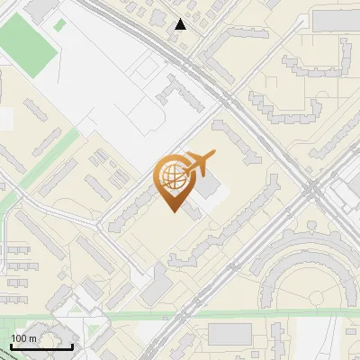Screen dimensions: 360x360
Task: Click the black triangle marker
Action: pyautogui.click(x=181, y=24)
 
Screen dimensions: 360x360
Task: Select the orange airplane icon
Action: pyautogui.click(x=198, y=164)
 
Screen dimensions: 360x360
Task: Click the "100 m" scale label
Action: pyautogui.click(x=23, y=337)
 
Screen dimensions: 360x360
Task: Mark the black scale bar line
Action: pyautogui.click(x=40, y=346)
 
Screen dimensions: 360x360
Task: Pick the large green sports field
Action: pyautogui.click(x=29, y=45)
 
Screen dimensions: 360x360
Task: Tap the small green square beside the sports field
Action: pyautogui.click(x=59, y=25)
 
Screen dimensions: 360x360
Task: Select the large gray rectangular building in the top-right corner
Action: pyautogui.click(x=335, y=19)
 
